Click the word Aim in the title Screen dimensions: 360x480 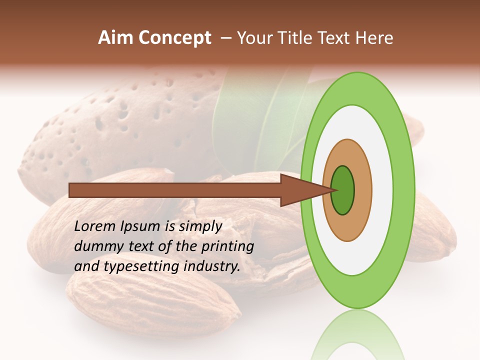[x=116, y=38]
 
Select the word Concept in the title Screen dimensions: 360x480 [x=174, y=38]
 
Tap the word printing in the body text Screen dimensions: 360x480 [x=227, y=246]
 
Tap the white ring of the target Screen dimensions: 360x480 [x=385, y=190]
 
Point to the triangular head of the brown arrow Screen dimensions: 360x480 [x=300, y=190]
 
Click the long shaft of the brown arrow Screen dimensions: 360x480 [x=175, y=190]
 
